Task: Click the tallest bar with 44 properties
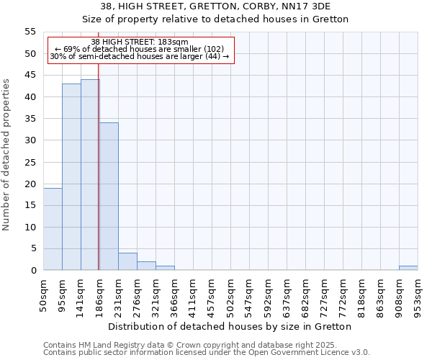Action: coord(90,175)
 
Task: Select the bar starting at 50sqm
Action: coord(53,229)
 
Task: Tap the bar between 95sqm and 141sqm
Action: coord(71,177)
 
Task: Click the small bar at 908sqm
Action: coord(408,268)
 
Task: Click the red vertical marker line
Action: coord(99,180)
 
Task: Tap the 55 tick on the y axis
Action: coord(30,32)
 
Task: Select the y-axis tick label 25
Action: coord(30,162)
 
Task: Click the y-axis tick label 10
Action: coord(30,227)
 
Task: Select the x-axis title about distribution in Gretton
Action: coord(230,326)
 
